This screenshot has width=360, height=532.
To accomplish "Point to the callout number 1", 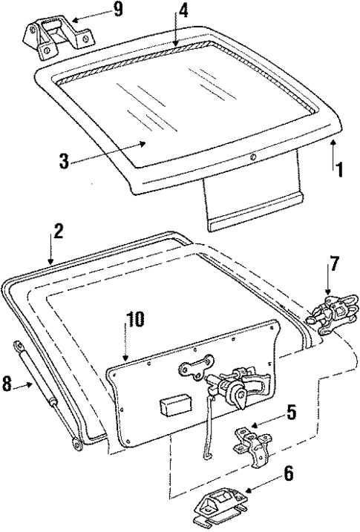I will [339, 168].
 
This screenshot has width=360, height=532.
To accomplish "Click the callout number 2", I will [59, 230].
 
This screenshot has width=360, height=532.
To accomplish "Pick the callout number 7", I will [333, 263].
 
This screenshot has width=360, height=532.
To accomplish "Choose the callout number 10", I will [135, 321].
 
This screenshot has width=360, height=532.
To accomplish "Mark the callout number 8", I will [8, 384].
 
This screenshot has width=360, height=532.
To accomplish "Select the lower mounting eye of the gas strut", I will [76, 444].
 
